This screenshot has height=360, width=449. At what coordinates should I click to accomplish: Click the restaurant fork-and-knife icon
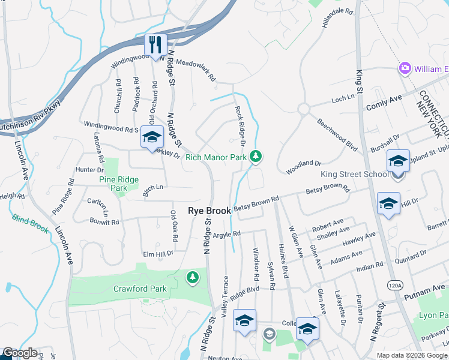click(x=155, y=44)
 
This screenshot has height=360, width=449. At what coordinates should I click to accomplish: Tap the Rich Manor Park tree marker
click(x=256, y=157)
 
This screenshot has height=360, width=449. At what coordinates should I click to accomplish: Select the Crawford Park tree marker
click(x=192, y=277)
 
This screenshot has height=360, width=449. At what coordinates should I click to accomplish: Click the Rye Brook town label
click(x=209, y=211)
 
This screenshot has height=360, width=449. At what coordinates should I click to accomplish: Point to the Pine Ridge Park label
click(x=119, y=184)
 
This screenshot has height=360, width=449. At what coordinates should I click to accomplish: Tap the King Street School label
click(x=354, y=175)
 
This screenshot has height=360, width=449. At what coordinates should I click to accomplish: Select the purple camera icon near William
click(x=405, y=68)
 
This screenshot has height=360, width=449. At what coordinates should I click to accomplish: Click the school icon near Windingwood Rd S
click(x=152, y=137)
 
